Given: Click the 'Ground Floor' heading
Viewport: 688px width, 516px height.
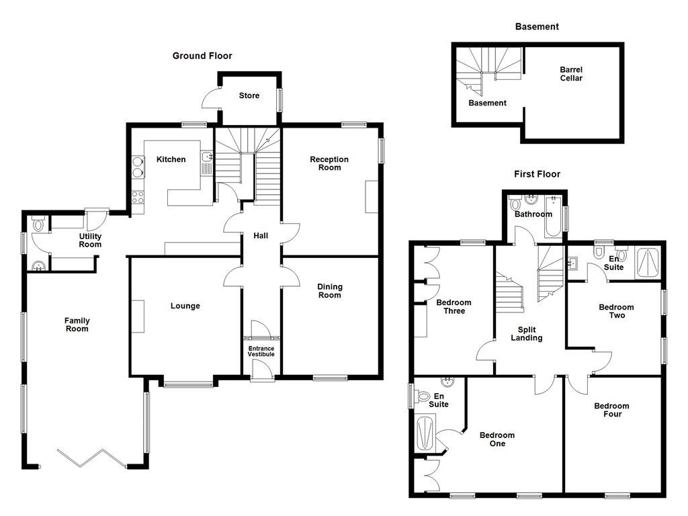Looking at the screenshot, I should pos(202,56).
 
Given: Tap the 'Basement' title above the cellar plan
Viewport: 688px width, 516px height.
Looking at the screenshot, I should pos(537,27).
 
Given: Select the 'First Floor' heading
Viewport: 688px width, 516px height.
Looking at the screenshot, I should pos(537,174).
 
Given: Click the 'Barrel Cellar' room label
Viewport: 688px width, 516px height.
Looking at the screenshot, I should pos(571,74).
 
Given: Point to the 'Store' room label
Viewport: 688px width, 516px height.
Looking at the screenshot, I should pos(249,96).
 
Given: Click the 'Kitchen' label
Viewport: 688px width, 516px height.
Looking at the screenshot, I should pos(171,159).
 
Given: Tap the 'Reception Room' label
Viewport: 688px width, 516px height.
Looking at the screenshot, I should pos(329,163).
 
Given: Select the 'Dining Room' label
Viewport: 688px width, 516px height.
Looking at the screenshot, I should pos(329,291).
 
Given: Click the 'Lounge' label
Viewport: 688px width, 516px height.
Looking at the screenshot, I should pos(185,306).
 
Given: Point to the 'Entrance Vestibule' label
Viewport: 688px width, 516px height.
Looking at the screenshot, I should pos(261,351).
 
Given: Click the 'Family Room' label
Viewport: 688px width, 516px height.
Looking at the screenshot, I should pos(77,325).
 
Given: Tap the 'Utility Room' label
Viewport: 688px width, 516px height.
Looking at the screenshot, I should pos(90,241).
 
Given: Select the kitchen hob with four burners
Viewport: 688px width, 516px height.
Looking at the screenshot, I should pos(138,198).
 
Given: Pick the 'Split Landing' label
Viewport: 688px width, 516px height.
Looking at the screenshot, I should pos(526,334).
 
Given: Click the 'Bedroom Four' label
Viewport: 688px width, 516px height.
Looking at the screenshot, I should pos(611,410).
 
